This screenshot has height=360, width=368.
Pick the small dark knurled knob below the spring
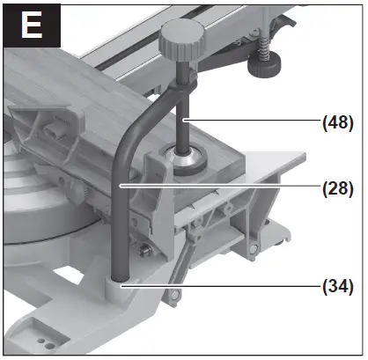[261, 63]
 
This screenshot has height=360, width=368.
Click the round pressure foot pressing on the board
[186, 163]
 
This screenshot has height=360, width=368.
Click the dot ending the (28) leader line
[121, 187]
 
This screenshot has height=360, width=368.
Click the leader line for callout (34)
[220, 285]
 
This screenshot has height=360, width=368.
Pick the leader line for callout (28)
[220, 187]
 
